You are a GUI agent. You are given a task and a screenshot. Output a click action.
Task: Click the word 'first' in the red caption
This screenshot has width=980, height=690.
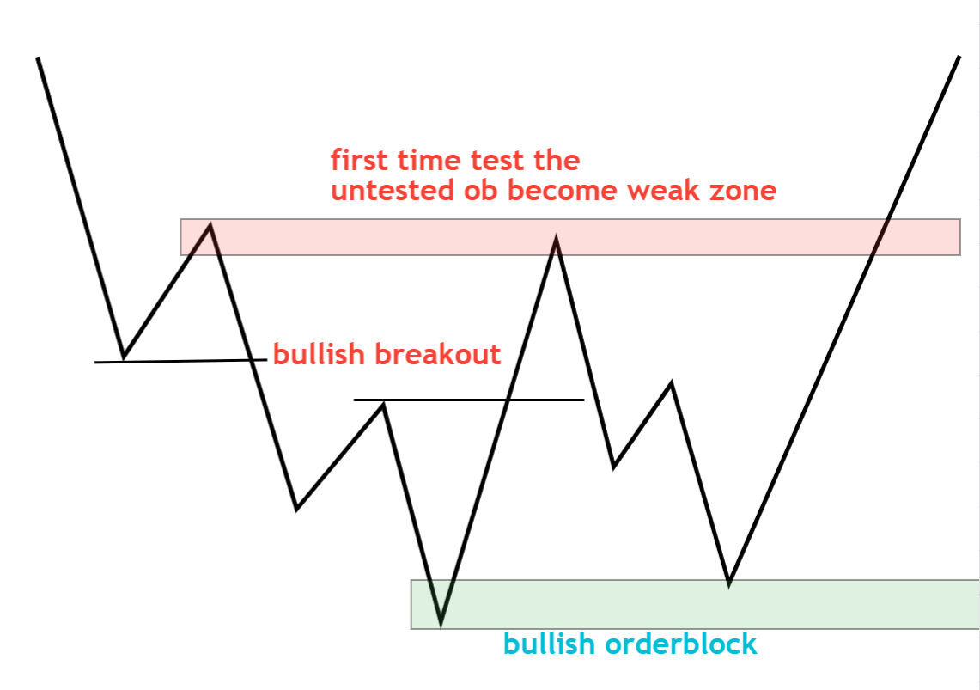[x=359, y=160]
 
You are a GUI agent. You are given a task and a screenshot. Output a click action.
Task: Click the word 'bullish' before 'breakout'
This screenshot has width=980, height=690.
[x=319, y=354]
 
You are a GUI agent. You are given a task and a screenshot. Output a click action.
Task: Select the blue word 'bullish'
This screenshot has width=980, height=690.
[x=549, y=644]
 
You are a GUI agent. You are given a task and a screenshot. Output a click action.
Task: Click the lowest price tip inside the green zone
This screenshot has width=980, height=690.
[x=441, y=623]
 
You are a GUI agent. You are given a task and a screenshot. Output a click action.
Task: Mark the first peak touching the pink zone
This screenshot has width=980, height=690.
[x=210, y=226]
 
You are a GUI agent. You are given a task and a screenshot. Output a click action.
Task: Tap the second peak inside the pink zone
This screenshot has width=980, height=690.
[x=556, y=240]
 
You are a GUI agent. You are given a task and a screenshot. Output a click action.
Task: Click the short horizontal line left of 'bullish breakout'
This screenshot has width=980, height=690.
[x=180, y=361]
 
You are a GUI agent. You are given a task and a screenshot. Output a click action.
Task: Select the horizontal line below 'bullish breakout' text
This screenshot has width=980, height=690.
[x=469, y=400]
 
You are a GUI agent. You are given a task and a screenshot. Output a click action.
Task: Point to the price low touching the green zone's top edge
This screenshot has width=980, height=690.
[x=728, y=583]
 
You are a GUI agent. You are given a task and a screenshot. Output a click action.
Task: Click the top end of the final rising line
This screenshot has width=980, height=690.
[x=959, y=57]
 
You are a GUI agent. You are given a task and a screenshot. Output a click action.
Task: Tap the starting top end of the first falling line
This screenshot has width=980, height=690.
[x=38, y=58]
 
